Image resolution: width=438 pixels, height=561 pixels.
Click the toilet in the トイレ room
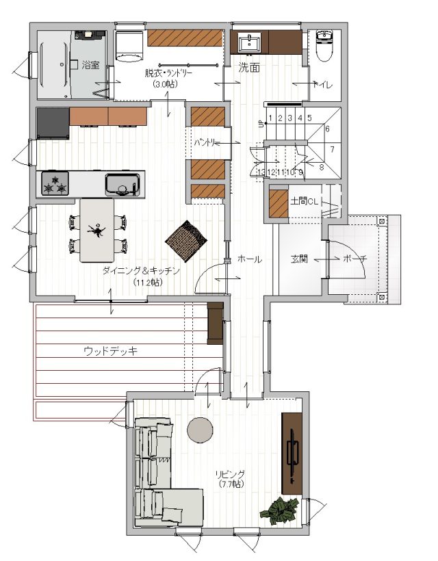(325, 45)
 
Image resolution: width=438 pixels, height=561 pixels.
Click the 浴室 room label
(91, 65)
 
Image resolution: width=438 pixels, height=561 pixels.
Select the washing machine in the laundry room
(129, 46)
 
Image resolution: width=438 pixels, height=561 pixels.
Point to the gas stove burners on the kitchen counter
(55, 183)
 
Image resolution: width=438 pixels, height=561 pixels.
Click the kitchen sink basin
(123, 185)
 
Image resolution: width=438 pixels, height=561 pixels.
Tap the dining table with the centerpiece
(97, 231)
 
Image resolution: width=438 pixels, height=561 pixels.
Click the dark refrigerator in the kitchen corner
(53, 123)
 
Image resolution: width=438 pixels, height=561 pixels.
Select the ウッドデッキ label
(111, 351)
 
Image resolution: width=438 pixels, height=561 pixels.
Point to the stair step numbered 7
(332, 149)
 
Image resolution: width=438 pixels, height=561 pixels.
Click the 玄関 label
(299, 259)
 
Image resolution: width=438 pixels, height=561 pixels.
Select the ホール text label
(250, 259)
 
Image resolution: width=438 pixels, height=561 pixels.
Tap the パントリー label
(207, 143)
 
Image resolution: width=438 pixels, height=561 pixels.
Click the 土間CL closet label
(304, 201)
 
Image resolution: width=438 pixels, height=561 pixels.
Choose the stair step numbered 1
(270, 118)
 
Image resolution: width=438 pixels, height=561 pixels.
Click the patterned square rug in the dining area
(186, 240)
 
